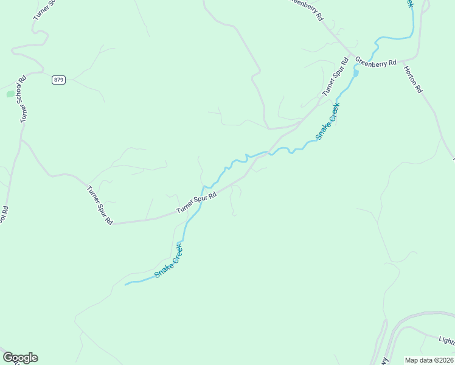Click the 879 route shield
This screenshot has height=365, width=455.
point(58,80)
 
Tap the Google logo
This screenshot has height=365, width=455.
point(20,358)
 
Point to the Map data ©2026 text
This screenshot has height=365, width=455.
point(429,360)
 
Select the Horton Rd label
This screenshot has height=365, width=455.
point(413,78)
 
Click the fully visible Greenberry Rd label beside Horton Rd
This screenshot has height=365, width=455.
point(376,62)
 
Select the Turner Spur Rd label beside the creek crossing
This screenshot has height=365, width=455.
point(196,203)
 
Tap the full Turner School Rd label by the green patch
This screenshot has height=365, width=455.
point(24,99)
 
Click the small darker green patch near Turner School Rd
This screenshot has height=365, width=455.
point(10,94)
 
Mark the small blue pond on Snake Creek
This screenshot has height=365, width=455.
point(356,73)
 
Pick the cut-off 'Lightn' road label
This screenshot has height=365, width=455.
point(446,339)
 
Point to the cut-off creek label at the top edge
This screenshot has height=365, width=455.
point(409,4)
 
